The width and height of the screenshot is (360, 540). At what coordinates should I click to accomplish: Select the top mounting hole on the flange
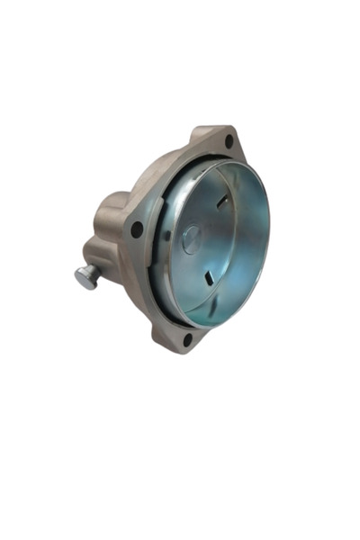pos(228,141)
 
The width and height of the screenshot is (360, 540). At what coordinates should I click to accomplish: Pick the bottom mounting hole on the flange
pos(187,339)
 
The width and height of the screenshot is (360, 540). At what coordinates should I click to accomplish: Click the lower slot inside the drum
pos(207,276)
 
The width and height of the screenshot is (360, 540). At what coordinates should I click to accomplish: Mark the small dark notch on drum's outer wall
pos(167,236)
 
